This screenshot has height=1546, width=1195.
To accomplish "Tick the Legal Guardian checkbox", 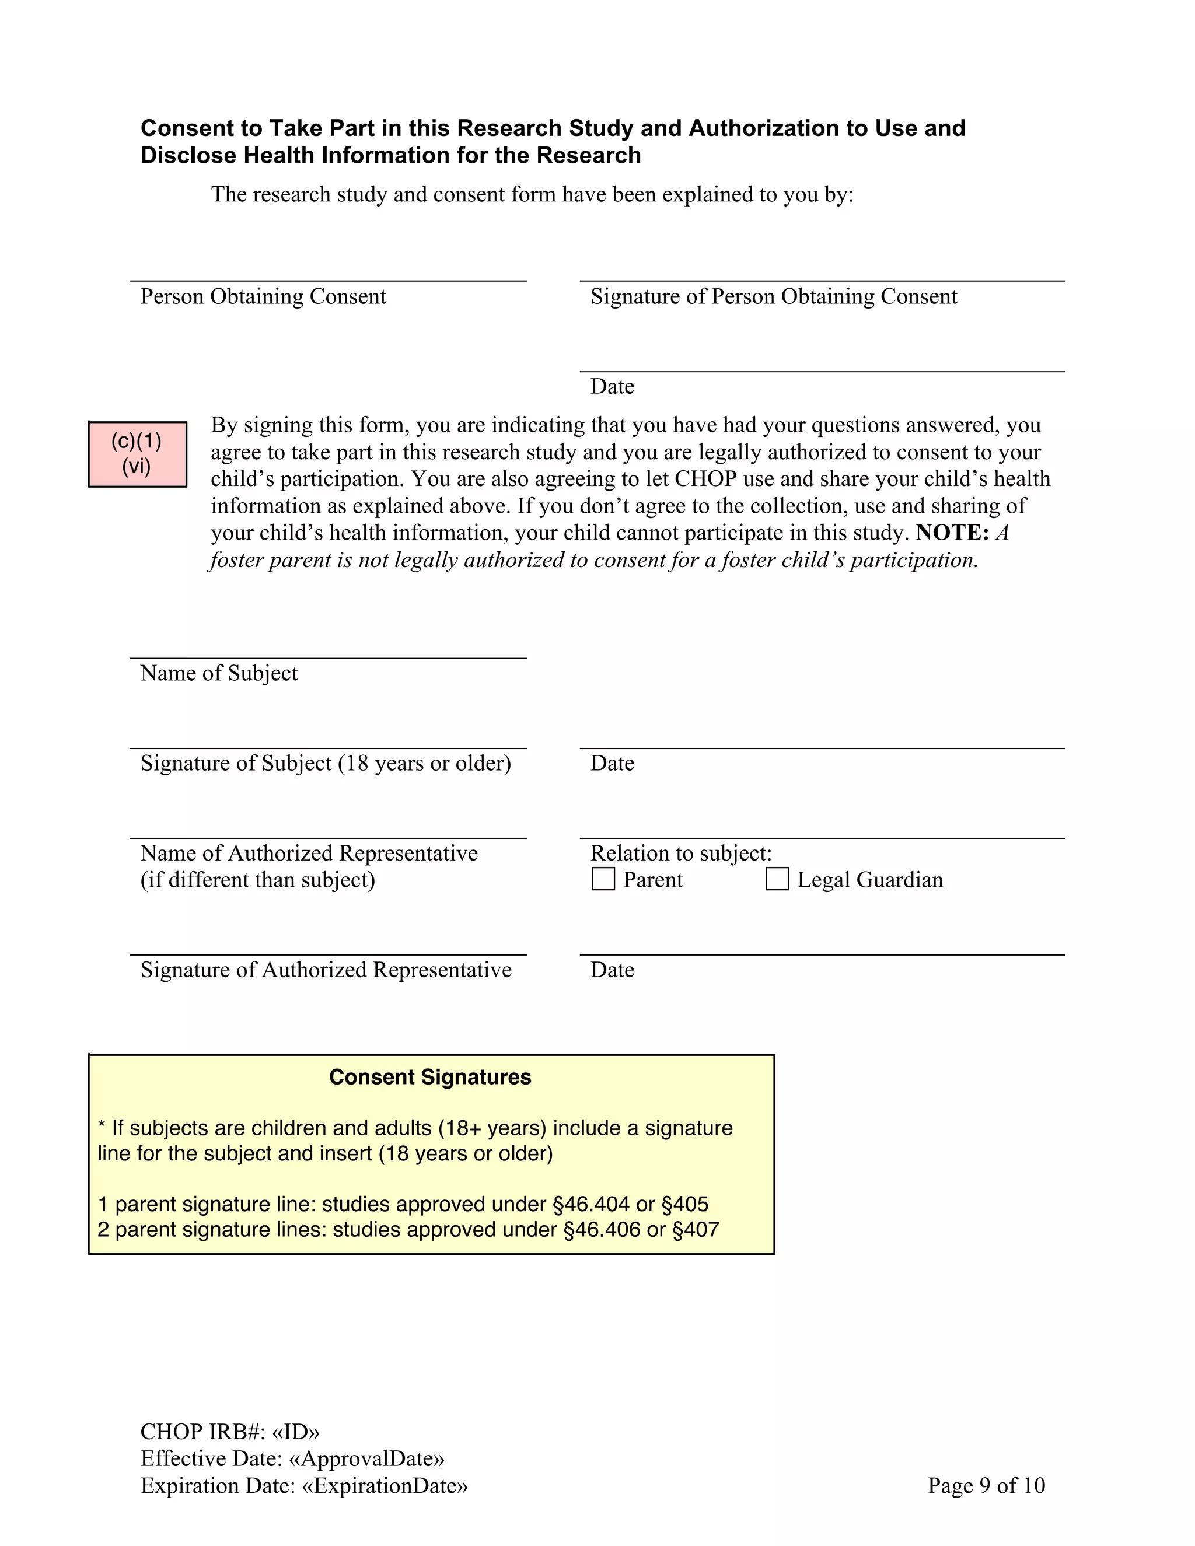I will click(x=777, y=879).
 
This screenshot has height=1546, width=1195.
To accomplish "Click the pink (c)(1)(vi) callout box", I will click(x=137, y=454).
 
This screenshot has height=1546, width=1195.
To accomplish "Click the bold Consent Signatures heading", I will click(x=429, y=1077).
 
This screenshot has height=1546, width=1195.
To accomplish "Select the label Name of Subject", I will click(x=219, y=673).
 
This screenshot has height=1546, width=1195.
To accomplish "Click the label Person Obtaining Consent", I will click(x=263, y=296).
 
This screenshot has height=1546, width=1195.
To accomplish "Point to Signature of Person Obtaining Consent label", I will click(x=773, y=296).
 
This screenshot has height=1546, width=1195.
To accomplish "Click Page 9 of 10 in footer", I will click(x=986, y=1485).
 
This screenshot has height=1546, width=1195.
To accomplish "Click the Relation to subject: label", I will click(x=680, y=853).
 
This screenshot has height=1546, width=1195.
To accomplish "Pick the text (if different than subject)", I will click(x=258, y=880).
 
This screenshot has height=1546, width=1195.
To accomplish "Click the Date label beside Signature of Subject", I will click(x=612, y=763).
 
